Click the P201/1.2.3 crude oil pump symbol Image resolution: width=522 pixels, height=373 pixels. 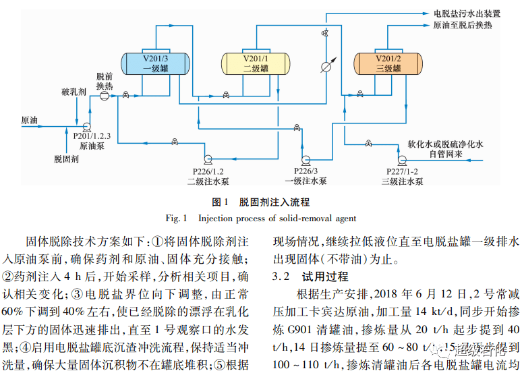pyautogui.click(x=86, y=126)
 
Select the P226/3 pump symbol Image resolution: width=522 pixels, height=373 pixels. pyautogui.click(x=306, y=159)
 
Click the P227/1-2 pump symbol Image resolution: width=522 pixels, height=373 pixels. pyautogui.click(x=402, y=159)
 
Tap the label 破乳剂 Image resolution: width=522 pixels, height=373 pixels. pyautogui.click(x=74, y=91)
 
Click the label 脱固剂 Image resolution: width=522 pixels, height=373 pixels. pyautogui.click(x=67, y=159)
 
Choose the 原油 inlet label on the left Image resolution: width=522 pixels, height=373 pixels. pyautogui.click(x=30, y=121)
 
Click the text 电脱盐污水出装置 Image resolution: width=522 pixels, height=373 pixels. pyautogui.click(x=467, y=13)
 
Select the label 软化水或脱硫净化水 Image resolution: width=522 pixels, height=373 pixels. pyautogui.click(x=446, y=145)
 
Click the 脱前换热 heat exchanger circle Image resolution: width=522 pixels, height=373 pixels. pyautogui.click(x=105, y=96)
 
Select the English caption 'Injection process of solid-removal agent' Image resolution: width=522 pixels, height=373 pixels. pyautogui.click(x=277, y=218)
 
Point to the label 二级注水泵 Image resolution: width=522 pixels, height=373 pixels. pyautogui.click(x=206, y=181)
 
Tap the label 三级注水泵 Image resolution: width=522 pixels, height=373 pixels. pyautogui.click(x=403, y=181)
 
